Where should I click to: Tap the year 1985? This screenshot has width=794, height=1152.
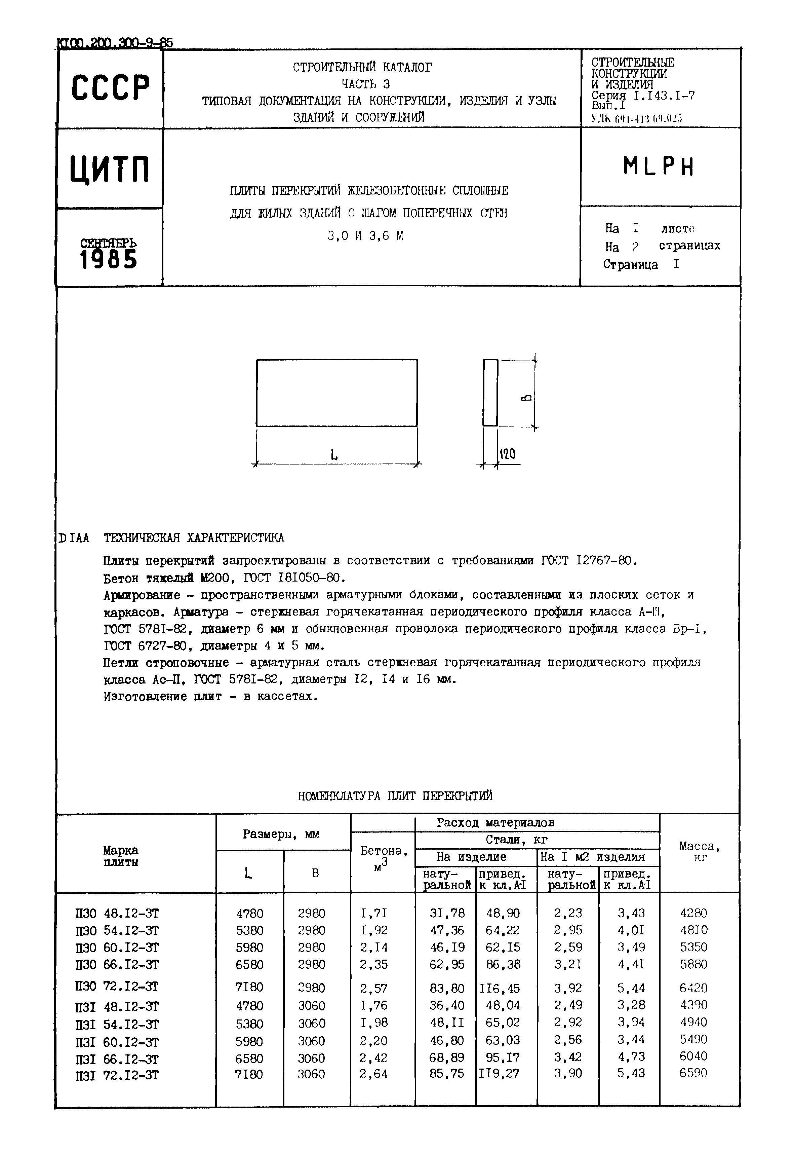[x=109, y=259]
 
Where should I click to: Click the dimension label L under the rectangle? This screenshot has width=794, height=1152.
[x=334, y=454]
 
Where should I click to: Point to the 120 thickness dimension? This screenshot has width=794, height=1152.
[x=508, y=453]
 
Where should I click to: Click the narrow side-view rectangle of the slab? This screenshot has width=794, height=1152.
[x=490, y=393]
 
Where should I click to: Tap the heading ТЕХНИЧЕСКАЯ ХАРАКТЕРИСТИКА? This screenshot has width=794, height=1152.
[x=194, y=538]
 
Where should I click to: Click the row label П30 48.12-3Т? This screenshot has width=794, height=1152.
[x=117, y=914]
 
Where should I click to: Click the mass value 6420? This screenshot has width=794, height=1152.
[x=693, y=988]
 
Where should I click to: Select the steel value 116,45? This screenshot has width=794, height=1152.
[x=500, y=988]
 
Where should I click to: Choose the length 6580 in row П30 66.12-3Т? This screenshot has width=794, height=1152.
[x=250, y=964]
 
